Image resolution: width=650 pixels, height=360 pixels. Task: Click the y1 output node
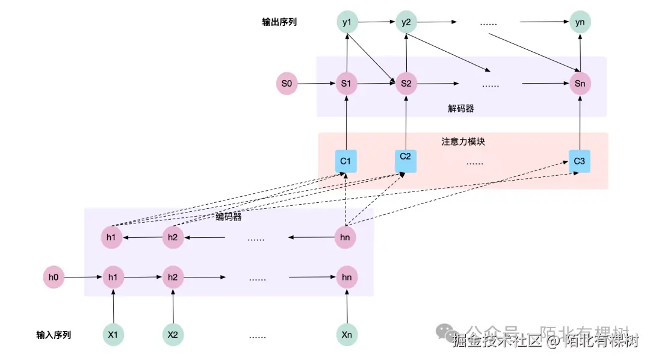[x=347, y=23]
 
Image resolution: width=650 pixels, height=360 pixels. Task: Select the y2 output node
[x=406, y=23]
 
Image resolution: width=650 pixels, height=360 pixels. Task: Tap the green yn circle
[x=580, y=23]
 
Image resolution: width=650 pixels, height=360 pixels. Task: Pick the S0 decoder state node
[x=286, y=84]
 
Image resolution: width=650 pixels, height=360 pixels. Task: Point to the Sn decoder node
[x=580, y=84]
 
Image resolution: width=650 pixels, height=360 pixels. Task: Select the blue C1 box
[x=346, y=161]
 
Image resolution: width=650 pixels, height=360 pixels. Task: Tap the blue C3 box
[x=579, y=161]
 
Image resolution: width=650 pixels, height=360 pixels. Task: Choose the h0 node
[x=54, y=278]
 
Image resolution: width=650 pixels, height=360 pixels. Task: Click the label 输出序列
[x=279, y=22]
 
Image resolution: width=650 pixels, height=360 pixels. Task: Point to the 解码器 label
[x=461, y=108]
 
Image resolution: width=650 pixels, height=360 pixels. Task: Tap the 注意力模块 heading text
[x=463, y=142]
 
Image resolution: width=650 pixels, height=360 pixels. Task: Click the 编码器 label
[x=228, y=217]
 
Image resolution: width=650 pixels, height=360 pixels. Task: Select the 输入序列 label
[x=54, y=335]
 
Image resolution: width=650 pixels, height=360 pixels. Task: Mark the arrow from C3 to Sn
[x=580, y=122]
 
